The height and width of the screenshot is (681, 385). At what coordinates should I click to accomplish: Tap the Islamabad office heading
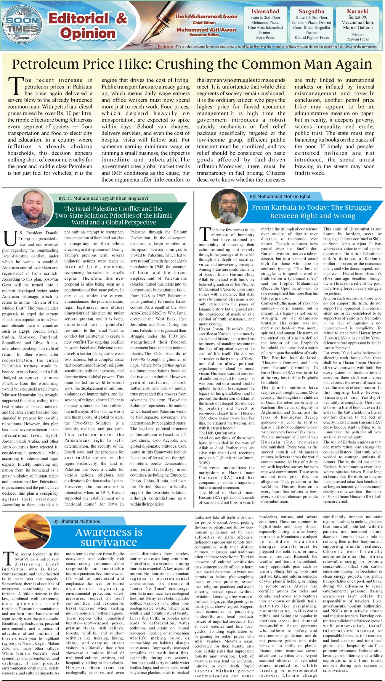pos(265,12)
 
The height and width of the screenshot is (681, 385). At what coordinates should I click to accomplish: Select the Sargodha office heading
pos(311,12)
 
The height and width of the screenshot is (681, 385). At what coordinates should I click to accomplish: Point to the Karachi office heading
pos(357,12)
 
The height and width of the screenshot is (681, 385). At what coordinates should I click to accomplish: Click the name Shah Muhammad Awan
pos(206,17)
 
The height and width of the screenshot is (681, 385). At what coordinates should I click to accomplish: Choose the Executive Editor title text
pos(206,35)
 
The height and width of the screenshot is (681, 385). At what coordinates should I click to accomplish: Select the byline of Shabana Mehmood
pos(77,521)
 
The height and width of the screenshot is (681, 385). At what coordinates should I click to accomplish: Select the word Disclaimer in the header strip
pos(166,47)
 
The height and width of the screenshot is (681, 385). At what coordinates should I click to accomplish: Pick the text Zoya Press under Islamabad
pos(265,38)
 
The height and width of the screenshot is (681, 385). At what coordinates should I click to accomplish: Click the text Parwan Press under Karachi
pos(357,39)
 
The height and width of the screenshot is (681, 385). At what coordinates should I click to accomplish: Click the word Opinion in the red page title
pos(88,32)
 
